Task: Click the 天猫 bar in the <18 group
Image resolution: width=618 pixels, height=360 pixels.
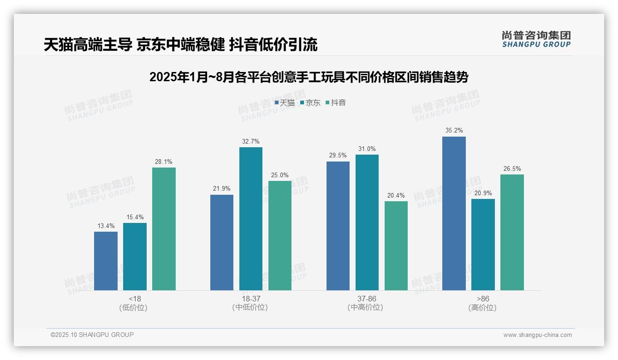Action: [106, 261]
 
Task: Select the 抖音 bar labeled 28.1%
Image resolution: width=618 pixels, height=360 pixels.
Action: [164, 229]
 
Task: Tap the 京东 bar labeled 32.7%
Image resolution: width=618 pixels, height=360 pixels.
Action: [251, 219]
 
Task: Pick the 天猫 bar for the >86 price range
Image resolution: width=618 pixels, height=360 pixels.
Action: [454, 213]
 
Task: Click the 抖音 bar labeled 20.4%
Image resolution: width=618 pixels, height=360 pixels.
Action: [396, 246]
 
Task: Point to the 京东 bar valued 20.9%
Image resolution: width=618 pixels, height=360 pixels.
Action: [483, 245]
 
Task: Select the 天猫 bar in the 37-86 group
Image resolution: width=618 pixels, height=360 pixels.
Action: [338, 226]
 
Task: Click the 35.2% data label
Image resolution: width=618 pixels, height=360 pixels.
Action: [454, 131]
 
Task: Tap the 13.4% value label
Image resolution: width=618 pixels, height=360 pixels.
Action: [106, 226]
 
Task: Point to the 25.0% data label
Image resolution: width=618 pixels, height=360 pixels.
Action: [280, 175]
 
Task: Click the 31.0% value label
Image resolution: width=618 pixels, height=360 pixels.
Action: [367, 149]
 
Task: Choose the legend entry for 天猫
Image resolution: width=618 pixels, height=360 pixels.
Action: [285, 103]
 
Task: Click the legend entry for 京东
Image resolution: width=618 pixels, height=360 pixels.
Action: [310, 103]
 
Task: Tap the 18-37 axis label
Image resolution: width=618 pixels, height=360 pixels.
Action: [250, 299]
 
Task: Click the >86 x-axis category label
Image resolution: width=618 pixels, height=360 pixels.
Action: [483, 299]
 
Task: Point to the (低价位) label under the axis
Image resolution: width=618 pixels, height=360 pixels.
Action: [135, 307]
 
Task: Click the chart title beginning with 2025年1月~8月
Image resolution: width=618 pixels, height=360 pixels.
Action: [309, 77]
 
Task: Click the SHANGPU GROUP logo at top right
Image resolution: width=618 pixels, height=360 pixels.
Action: [536, 39]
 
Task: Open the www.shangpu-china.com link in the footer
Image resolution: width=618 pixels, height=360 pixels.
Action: [537, 335]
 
